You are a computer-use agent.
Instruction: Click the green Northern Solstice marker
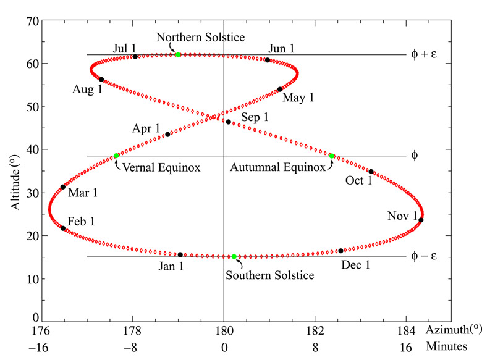pyautogui.click(x=178, y=55)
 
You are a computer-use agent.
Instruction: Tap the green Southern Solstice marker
pyautogui.click(x=234, y=256)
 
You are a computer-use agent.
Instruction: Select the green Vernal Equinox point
pyautogui.click(x=116, y=156)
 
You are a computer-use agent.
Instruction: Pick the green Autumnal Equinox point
pyautogui.click(x=332, y=156)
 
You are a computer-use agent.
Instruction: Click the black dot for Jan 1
pyautogui.click(x=180, y=254)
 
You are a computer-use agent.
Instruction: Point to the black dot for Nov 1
pyautogui.click(x=421, y=220)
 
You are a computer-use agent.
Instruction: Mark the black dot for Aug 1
pyautogui.click(x=101, y=79)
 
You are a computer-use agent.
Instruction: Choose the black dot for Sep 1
pyautogui.click(x=228, y=122)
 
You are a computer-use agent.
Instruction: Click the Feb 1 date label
pyautogui.click(x=81, y=221)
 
